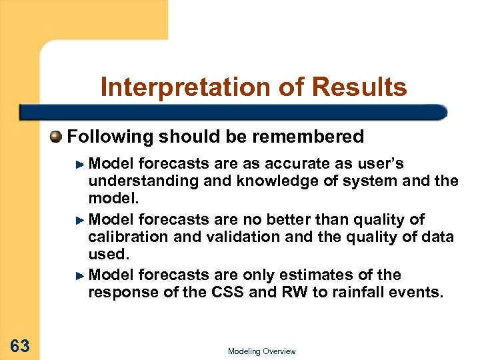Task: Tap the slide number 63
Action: click(x=20, y=345)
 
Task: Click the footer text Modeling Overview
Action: click(x=261, y=351)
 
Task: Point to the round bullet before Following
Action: click(x=57, y=137)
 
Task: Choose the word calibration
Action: click(x=125, y=236)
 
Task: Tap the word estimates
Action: click(x=337, y=275)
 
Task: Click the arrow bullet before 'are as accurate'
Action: click(x=81, y=165)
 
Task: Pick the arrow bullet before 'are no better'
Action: click(x=81, y=220)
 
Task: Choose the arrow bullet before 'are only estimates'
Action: click(x=81, y=275)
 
